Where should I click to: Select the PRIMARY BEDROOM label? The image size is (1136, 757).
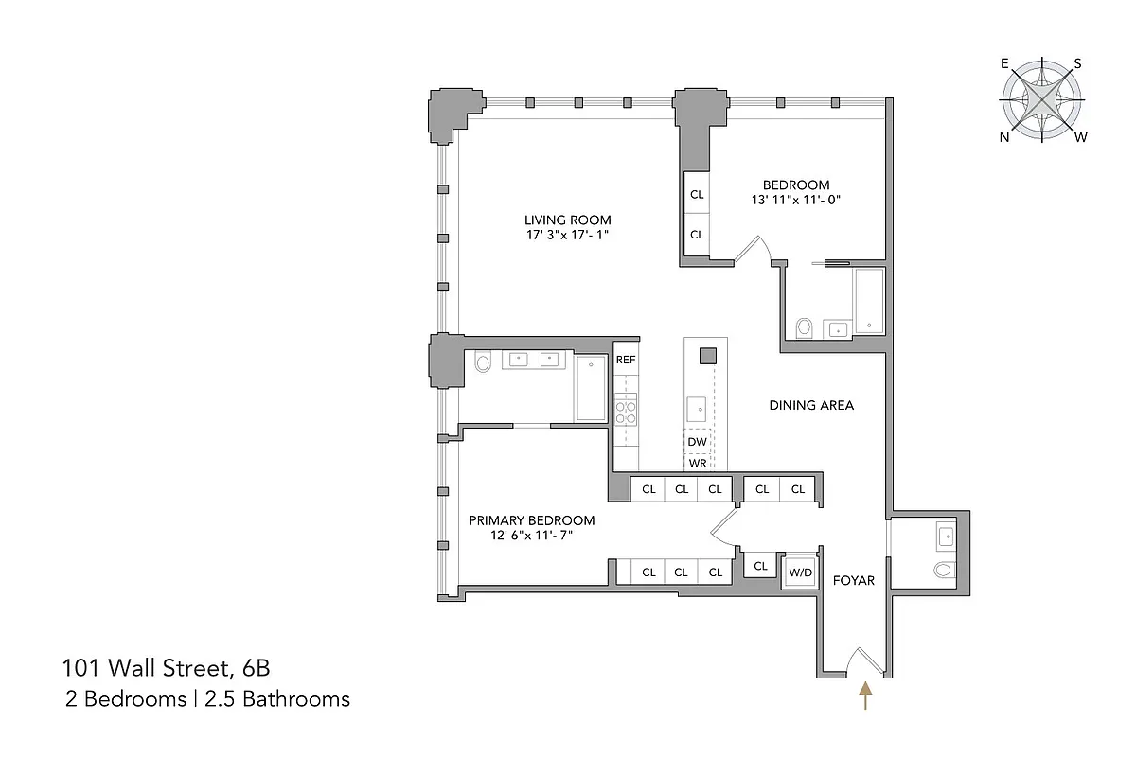[532, 520]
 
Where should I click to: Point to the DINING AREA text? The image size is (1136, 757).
[811, 405]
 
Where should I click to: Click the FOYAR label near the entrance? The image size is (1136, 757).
[853, 580]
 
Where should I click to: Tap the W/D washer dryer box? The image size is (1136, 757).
[801, 572]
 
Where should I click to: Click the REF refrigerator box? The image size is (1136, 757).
[626, 360]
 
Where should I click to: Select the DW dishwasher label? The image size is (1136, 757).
[698, 442]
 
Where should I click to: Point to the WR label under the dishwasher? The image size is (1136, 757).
[698, 463]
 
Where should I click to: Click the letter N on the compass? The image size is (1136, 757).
[1003, 137]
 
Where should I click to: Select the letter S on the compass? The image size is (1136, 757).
[1077, 64]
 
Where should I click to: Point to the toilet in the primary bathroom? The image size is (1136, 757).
[482, 361]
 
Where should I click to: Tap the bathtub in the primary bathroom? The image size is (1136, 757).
[592, 389]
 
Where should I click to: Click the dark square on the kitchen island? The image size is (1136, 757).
[707, 356]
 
